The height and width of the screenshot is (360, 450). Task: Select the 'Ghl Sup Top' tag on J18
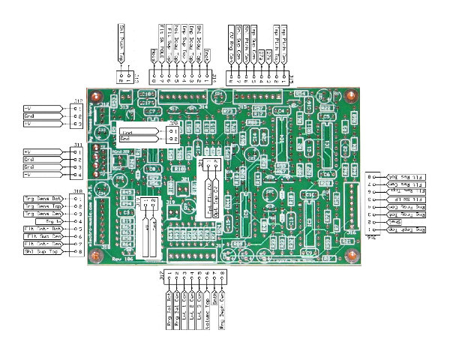[x=43, y=252]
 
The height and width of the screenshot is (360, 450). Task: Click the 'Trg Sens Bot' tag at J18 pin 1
[x=43, y=198]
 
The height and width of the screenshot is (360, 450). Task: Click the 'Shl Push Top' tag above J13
[x=123, y=34]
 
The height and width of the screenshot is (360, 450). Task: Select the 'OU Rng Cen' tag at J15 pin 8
[x=230, y=45]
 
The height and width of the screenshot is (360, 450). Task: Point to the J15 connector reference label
[x=291, y=76]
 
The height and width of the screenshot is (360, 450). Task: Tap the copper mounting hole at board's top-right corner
[x=350, y=95]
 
